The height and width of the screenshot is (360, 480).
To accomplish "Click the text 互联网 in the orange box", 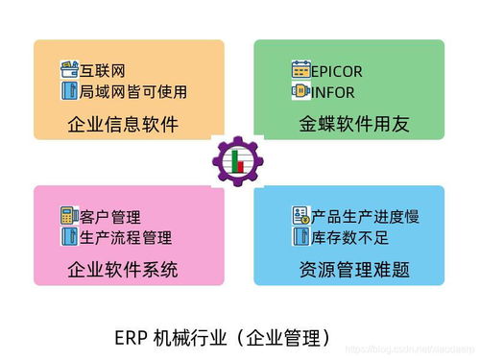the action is click(x=102, y=71).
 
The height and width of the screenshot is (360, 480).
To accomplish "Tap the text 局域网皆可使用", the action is click(x=132, y=92).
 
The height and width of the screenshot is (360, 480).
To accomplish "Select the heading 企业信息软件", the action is click(x=123, y=125).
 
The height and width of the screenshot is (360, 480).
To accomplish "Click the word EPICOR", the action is click(x=337, y=71).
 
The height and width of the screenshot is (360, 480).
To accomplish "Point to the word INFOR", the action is click(x=332, y=93).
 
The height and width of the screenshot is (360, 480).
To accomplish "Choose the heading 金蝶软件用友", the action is click(x=353, y=125).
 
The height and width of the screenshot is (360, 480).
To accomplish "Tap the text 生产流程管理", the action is click(x=125, y=236).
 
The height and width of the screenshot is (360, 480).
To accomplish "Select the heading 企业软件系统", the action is click(x=123, y=269).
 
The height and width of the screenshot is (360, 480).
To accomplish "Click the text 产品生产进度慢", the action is click(x=366, y=216).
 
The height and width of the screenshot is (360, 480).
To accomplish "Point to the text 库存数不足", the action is click(x=349, y=236).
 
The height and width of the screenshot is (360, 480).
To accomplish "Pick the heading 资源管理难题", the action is click(x=353, y=269).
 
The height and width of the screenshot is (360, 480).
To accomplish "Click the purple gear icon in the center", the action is click(x=238, y=162).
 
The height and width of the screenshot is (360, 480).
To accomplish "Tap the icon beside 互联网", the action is click(x=68, y=71).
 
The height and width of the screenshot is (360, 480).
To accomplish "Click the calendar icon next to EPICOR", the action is click(x=300, y=71).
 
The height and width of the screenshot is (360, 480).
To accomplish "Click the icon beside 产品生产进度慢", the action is click(x=300, y=216).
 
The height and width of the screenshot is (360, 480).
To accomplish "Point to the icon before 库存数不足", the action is click(x=300, y=236).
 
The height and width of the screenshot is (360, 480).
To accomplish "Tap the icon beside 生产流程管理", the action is click(x=68, y=236).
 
